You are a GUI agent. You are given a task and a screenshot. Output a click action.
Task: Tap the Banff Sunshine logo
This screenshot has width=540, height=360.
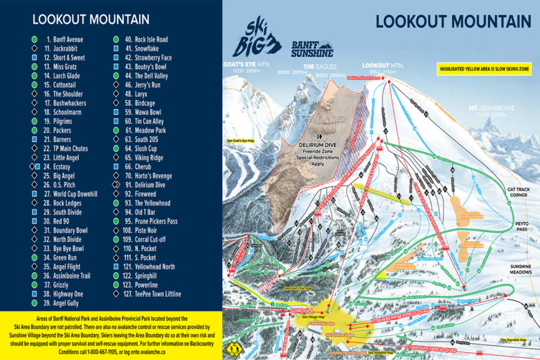314,49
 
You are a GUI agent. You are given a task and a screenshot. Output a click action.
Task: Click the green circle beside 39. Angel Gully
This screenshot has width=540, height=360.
34,303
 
